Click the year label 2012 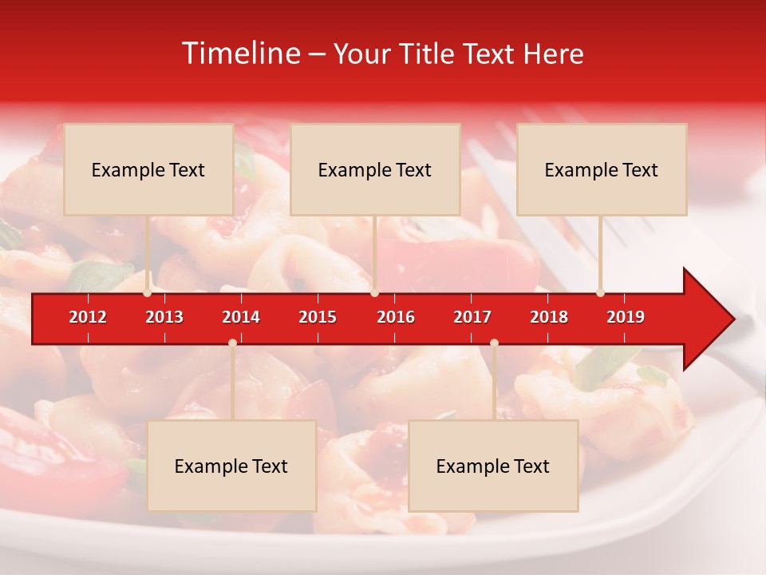click(88, 317)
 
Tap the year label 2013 click(164, 317)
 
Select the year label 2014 click(241, 317)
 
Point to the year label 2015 click(318, 317)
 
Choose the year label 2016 click(396, 317)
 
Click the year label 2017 click(472, 317)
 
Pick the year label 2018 click(549, 317)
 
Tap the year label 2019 click(626, 317)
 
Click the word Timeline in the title click(239, 54)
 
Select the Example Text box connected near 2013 click(148, 169)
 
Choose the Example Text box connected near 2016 click(375, 169)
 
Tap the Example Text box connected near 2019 click(602, 169)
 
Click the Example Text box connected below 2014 click(231, 466)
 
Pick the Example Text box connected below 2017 click(493, 466)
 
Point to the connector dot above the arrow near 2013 click(148, 293)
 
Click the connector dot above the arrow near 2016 click(374, 293)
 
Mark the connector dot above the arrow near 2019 click(601, 293)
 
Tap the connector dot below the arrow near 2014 click(232, 343)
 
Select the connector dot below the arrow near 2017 click(494, 343)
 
